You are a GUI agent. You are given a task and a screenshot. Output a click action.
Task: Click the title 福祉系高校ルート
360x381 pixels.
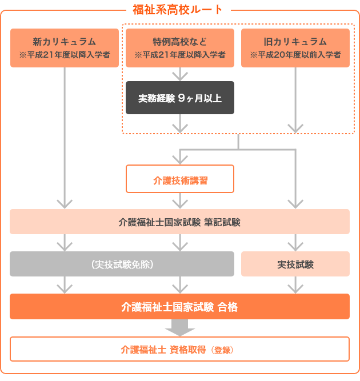coord(178,10)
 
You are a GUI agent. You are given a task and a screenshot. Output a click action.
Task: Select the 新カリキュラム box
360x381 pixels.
coord(65,48)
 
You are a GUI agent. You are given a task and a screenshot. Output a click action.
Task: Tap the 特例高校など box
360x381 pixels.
coord(180,48)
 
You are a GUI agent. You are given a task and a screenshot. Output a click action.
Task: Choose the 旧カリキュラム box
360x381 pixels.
coord(295,48)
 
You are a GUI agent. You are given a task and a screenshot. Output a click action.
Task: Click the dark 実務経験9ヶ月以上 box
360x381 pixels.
coord(180,98)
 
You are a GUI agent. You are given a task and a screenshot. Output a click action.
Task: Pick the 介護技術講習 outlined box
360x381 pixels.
coord(180,179)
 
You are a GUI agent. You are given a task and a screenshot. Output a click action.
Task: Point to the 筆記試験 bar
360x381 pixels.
coord(179,222)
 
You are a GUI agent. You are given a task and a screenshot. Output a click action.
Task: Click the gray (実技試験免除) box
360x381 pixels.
coord(122,264)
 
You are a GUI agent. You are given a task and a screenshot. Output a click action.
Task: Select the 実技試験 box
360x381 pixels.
coord(295,264)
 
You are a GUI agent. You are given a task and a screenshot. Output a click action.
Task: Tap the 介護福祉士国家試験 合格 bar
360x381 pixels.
coord(179,306)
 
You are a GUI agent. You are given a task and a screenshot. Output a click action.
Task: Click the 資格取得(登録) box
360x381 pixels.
coord(179,349)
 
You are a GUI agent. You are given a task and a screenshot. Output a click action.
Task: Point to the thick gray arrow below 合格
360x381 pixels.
coord(180,328)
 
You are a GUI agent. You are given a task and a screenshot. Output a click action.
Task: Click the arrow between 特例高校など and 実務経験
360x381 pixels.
coord(180,74)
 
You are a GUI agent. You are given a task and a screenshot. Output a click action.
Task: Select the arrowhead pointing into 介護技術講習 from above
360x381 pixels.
coord(180,160)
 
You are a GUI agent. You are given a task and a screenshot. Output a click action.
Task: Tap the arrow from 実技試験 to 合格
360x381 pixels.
coord(295,285)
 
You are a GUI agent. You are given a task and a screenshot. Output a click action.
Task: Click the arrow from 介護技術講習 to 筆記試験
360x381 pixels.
coord(180,200)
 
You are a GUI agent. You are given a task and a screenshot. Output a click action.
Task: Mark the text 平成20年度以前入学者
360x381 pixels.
coord(299,55)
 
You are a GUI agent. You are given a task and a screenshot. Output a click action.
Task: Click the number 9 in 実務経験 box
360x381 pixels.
coord(181,98)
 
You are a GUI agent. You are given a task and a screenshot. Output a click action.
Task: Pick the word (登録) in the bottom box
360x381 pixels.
coord(222,350)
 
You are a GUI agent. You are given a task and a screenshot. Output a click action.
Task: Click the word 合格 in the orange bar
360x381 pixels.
coord(227,307)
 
